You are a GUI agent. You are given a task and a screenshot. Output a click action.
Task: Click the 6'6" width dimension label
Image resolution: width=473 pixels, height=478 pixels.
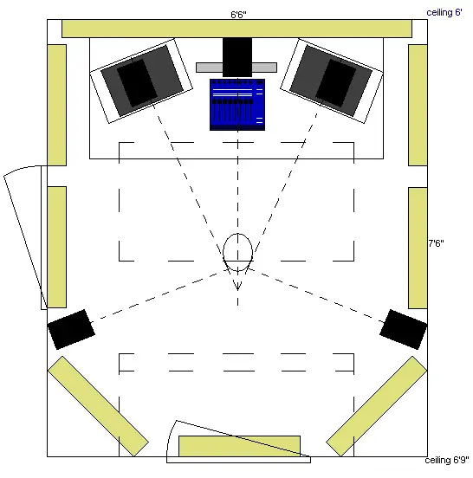238,15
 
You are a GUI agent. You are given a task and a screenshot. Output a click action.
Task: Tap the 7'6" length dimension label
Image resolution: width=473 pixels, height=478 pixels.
436,243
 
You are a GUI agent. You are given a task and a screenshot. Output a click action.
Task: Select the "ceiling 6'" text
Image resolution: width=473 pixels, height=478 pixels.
444,12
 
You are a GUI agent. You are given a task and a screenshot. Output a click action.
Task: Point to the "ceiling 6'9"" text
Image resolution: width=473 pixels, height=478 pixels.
447,460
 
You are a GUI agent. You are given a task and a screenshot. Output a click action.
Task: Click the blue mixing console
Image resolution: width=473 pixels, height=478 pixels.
237,105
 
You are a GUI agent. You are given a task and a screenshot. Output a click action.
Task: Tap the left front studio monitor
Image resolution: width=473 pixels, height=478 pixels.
141,81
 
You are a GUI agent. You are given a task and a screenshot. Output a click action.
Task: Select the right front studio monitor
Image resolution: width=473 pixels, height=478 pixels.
332,81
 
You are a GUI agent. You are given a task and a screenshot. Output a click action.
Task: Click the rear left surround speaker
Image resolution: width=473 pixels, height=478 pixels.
71,329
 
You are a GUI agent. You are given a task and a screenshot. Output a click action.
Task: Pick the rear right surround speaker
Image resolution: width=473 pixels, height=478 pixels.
403,329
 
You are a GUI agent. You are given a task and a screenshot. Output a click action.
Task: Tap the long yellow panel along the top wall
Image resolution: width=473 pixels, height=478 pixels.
237,29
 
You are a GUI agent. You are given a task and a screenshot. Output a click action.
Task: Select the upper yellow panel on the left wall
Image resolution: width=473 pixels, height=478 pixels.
57,105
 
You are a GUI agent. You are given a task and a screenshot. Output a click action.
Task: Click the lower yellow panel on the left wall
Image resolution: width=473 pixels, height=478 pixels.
57,247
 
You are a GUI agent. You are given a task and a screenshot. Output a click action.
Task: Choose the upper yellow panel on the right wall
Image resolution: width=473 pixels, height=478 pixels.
418,105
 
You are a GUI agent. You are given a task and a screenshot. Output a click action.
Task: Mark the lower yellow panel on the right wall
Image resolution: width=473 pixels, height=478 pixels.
418,248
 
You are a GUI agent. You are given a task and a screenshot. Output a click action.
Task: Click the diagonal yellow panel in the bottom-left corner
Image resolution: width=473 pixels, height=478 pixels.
98,406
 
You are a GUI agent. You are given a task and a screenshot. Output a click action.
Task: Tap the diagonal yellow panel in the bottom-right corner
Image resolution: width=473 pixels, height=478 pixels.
377,406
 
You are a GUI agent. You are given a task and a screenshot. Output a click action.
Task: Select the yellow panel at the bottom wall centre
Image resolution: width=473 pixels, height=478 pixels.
239,446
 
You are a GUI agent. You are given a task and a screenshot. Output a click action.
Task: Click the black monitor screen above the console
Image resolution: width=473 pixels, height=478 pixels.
237,57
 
